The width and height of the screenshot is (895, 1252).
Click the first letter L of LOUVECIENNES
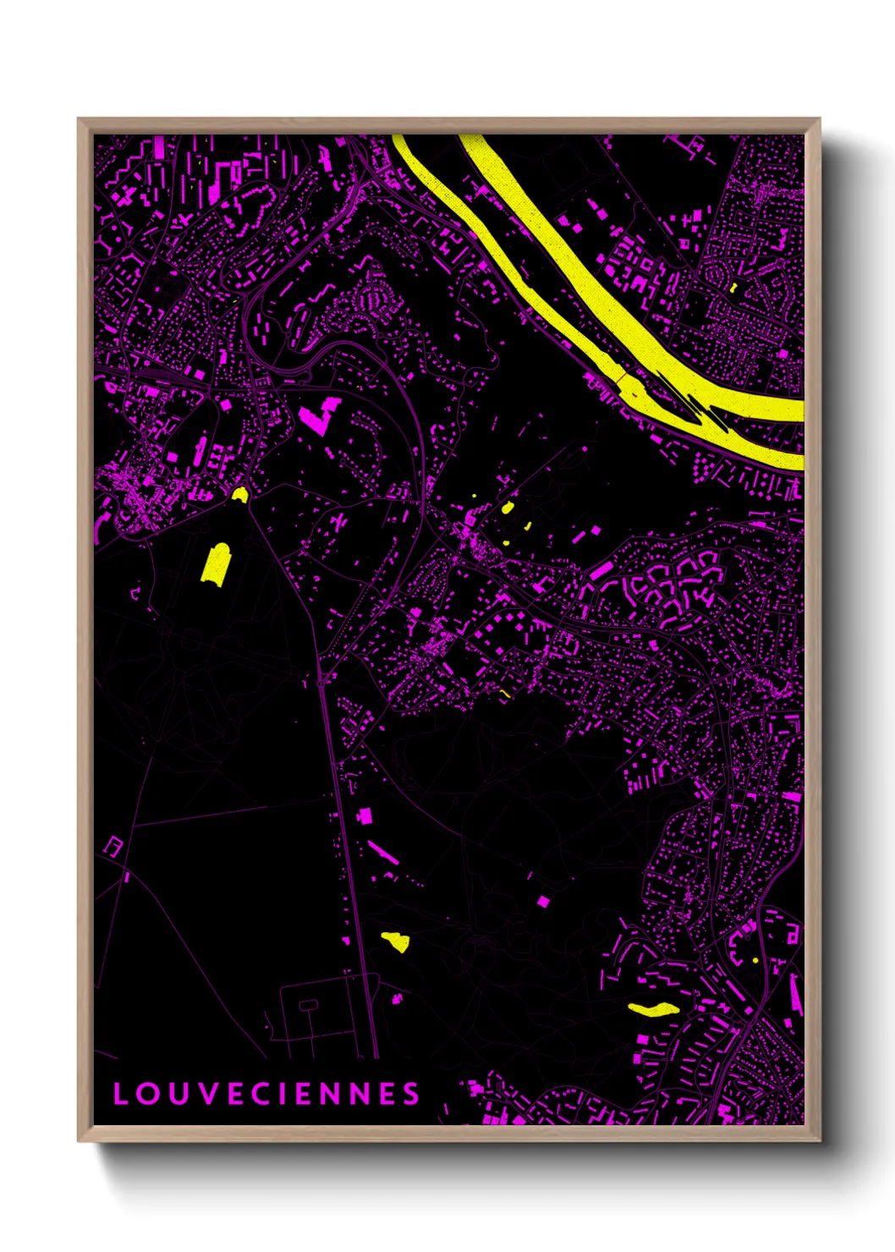[120, 1094]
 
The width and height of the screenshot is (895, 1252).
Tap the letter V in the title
[207, 1094]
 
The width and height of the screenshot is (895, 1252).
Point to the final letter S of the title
[411, 1094]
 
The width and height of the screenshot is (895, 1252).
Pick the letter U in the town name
[177, 1094]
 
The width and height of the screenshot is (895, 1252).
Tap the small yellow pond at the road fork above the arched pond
[239, 494]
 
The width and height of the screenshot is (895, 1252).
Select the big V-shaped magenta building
[318, 415]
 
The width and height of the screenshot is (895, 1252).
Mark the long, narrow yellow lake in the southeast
[654, 1008]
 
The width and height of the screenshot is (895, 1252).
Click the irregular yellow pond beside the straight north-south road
[396, 941]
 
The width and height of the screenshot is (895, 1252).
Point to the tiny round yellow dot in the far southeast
[755, 960]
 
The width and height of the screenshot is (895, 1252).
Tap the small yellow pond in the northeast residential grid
[733, 288]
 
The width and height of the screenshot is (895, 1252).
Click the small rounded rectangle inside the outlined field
[309, 1005]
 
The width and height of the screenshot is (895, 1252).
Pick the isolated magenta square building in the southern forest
[543, 901]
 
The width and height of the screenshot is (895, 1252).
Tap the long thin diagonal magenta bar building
[383, 852]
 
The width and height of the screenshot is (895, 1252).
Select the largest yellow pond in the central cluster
[508, 508]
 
